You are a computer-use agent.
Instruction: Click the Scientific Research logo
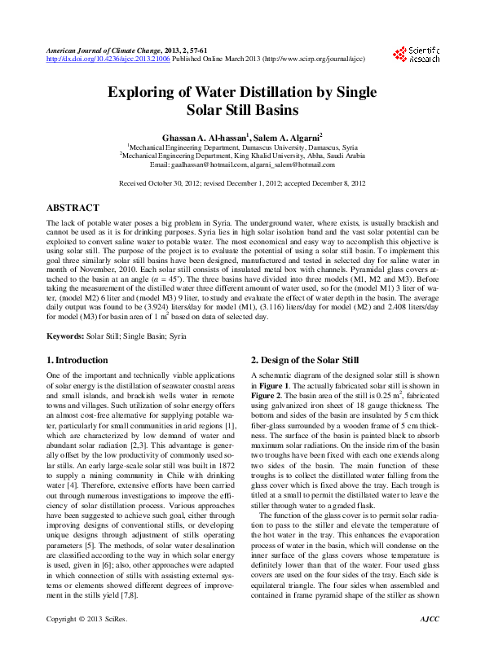(416, 54)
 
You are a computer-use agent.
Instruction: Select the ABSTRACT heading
(73, 208)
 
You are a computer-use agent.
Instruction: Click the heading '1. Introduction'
(77, 360)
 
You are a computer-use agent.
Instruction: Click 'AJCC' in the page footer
(429, 643)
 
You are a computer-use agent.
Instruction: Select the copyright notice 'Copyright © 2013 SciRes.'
(86, 643)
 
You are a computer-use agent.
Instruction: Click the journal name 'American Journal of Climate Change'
(98, 50)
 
